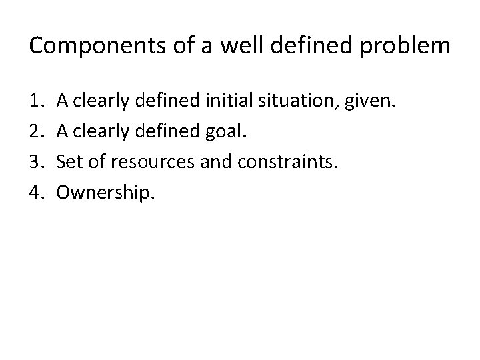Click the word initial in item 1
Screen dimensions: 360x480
pyautogui.click(x=225, y=102)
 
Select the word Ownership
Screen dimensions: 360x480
pyautogui.click(x=105, y=193)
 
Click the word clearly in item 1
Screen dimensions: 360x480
pyautogui.click(x=102, y=102)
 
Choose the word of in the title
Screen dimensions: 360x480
pyautogui.click(x=171, y=46)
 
